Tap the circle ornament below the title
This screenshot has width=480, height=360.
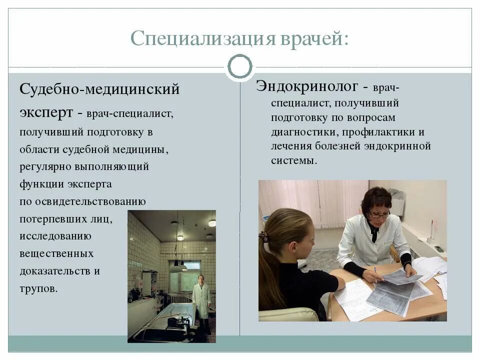240,66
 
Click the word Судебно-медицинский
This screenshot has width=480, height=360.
99,90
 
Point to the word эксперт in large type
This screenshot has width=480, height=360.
46,112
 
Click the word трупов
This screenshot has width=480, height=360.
38,288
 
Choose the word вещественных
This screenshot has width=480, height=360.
56,253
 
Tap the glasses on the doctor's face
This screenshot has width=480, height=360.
378,215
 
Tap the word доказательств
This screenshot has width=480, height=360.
55,271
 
